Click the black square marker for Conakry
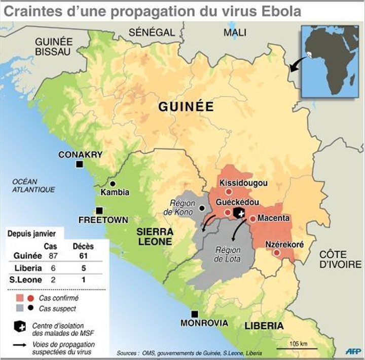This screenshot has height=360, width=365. click(x=79, y=164)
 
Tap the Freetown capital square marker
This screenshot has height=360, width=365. click(x=100, y=210)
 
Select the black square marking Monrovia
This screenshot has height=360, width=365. click(x=194, y=313)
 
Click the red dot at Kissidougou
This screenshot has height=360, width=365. click(x=228, y=192)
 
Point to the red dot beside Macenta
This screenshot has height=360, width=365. click(x=253, y=219)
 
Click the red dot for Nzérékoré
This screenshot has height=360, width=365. click(x=276, y=252)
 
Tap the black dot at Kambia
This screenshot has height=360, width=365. click(x=113, y=183)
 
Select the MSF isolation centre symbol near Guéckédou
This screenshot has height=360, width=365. click(x=239, y=213)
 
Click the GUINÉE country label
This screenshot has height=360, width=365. click(x=186, y=107)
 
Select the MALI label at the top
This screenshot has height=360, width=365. click(x=235, y=33)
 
